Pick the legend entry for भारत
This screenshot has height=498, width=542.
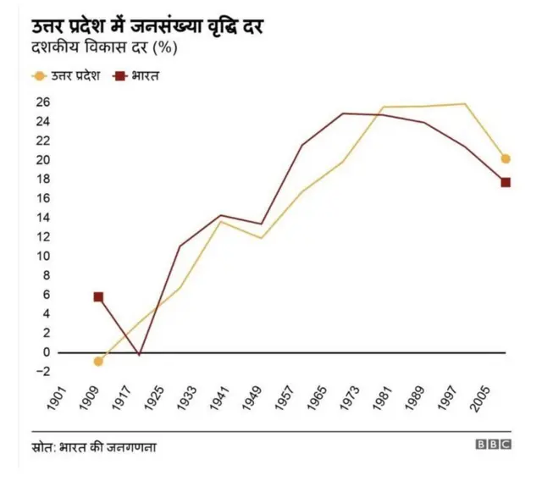pyautogui.click(x=138, y=75)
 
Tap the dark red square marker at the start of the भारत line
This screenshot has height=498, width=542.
pyautogui.click(x=99, y=297)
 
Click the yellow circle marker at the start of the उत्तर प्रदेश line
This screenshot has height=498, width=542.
pyautogui.click(x=99, y=362)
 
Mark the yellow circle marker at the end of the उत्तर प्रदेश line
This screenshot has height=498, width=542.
pyautogui.click(x=506, y=158)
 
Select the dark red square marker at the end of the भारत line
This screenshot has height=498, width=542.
pyautogui.click(x=506, y=182)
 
